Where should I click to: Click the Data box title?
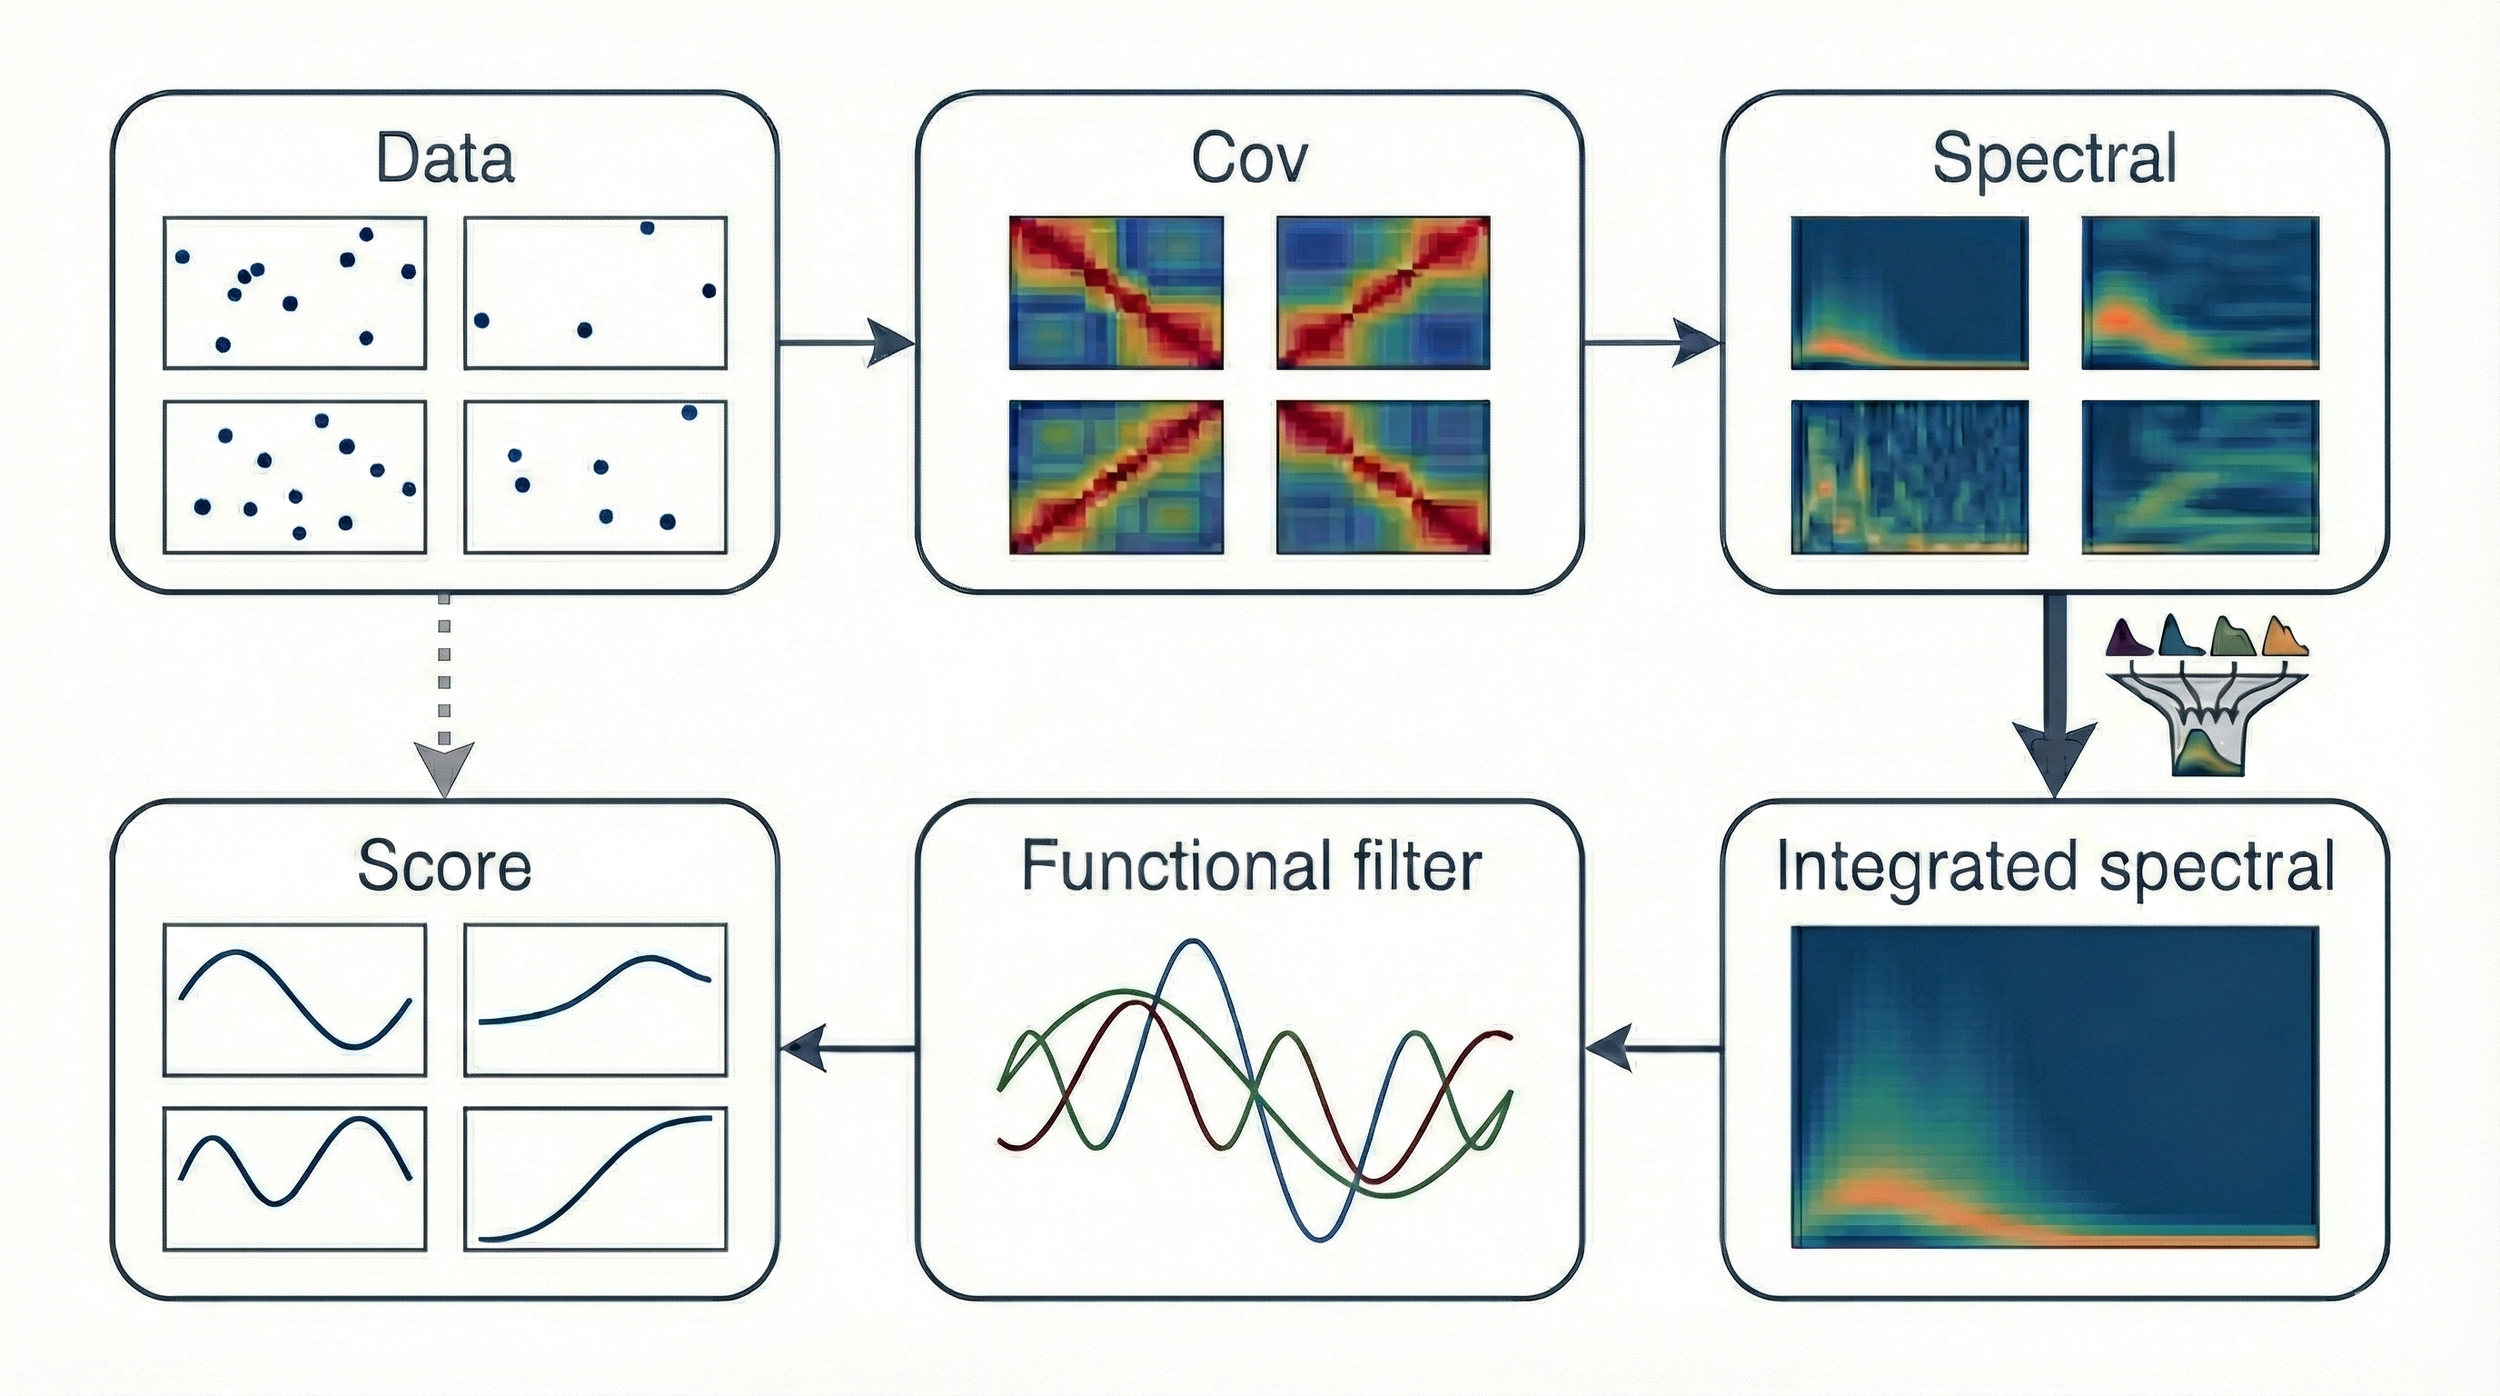444,159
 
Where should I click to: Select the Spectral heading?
2055,159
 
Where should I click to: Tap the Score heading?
444,866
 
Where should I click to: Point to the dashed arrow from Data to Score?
443,695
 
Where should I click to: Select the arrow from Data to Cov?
848,343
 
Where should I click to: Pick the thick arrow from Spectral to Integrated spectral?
2055,695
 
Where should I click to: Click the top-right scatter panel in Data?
595,294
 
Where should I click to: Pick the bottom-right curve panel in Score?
595,1178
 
